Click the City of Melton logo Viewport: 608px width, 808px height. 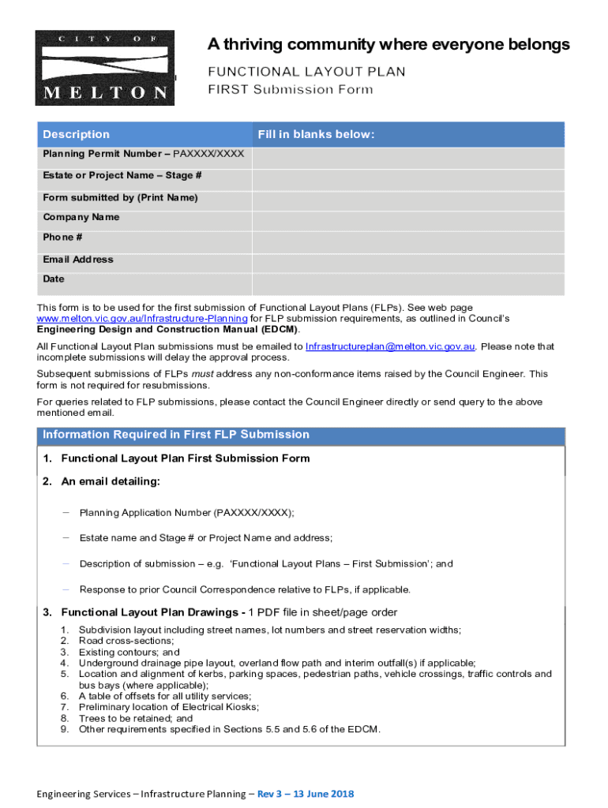(103, 68)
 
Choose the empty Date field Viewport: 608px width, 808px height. (407, 284)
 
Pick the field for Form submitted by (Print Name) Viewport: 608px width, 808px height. (407, 200)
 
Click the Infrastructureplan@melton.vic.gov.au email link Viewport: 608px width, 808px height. (390, 346)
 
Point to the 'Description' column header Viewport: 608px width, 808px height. (77, 135)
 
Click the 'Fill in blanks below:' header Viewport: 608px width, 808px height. (315, 135)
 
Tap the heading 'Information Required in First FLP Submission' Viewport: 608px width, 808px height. (176, 435)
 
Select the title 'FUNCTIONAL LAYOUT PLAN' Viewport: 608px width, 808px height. (306, 73)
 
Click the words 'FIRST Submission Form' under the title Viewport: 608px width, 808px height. (290, 90)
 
